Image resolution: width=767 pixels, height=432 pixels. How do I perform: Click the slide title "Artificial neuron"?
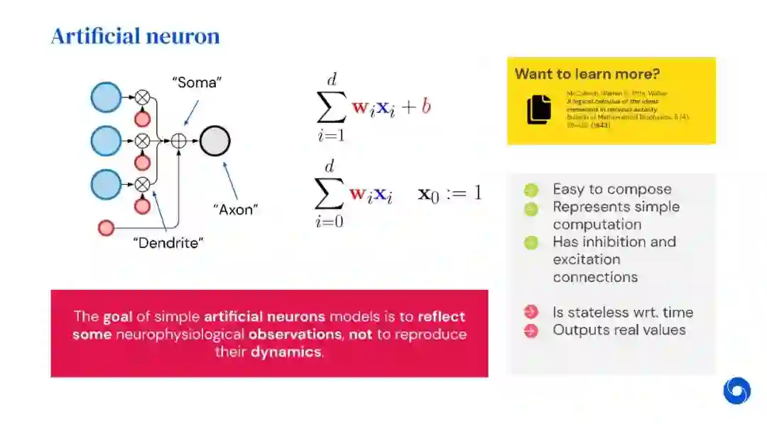click(x=135, y=36)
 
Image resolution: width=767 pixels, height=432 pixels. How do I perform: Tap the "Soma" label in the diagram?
click(x=197, y=82)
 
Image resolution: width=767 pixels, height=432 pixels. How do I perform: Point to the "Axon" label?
click(x=236, y=209)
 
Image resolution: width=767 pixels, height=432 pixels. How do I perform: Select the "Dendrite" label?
click(x=168, y=243)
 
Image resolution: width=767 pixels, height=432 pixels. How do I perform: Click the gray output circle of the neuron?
click(x=214, y=141)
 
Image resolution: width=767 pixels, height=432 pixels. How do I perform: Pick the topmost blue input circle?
click(x=107, y=97)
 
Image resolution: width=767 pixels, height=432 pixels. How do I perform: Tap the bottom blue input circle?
click(x=107, y=184)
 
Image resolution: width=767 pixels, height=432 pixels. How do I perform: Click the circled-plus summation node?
click(x=179, y=141)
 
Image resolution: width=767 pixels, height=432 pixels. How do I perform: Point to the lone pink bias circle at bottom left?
click(x=106, y=228)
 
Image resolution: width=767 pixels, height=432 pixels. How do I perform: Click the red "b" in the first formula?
click(x=426, y=107)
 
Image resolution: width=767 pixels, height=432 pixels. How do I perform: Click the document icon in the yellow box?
click(x=539, y=109)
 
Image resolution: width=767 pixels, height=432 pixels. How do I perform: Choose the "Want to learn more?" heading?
click(x=587, y=74)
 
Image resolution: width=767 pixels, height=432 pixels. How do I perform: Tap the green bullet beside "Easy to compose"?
click(x=531, y=190)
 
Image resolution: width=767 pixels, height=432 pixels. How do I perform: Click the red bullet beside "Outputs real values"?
click(x=531, y=330)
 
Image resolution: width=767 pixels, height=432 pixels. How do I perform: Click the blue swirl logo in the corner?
click(x=736, y=391)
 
